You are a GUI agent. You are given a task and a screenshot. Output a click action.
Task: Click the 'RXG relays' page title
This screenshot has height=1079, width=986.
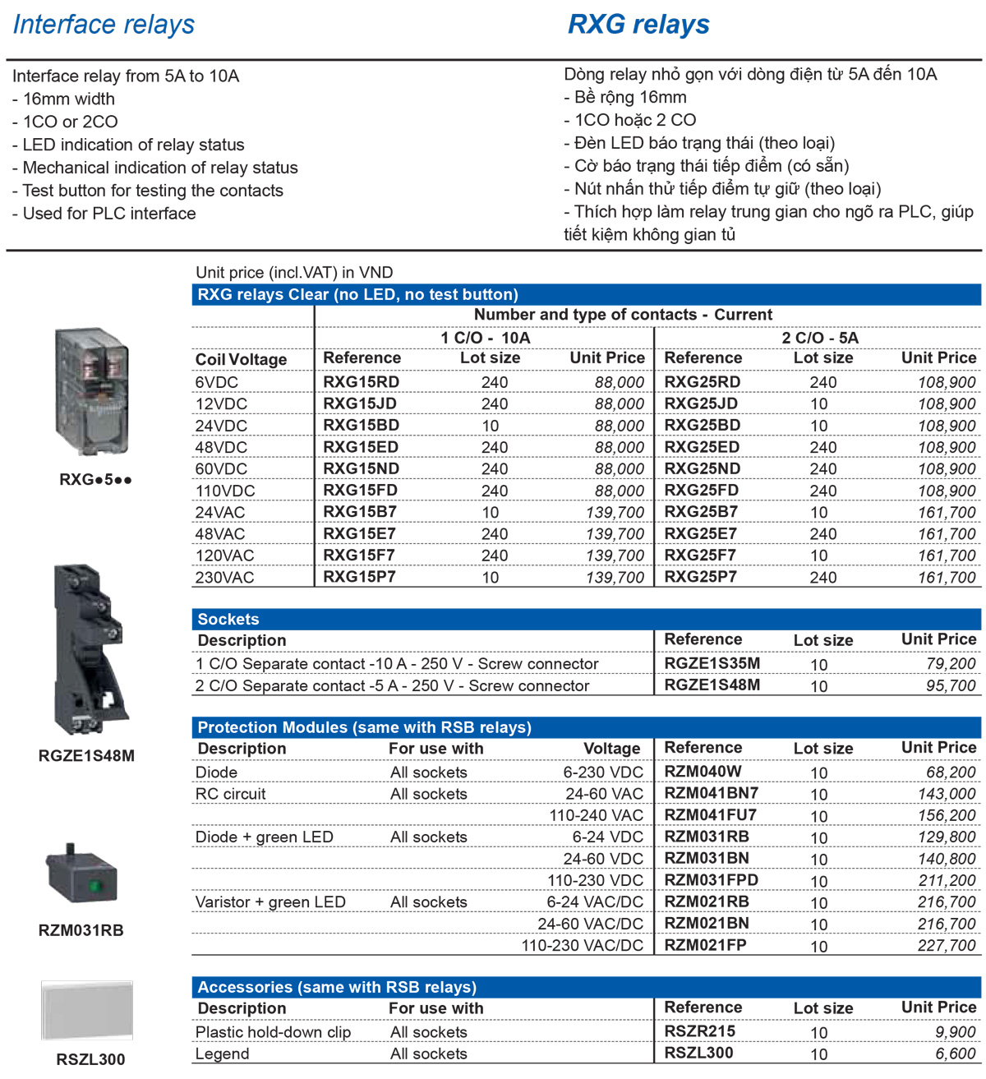(638, 25)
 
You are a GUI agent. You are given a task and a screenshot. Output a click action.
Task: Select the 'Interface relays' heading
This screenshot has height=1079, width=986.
(104, 25)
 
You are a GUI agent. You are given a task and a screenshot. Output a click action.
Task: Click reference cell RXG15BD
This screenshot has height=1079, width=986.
(360, 425)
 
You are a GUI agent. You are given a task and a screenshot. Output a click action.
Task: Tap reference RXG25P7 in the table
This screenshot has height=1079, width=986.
(700, 576)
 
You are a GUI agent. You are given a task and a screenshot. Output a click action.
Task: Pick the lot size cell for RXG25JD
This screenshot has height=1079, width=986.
(819, 404)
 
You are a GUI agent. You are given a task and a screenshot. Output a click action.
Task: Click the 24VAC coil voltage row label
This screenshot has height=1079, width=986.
(220, 512)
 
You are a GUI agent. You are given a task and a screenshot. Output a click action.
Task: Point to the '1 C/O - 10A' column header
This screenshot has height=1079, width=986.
(485, 337)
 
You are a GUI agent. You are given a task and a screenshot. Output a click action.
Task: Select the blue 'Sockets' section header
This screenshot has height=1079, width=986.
(228, 619)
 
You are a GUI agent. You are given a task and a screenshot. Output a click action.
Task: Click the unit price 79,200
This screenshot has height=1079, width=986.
(951, 663)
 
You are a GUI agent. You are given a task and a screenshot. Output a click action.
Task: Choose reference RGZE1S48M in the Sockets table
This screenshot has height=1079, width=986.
(712, 685)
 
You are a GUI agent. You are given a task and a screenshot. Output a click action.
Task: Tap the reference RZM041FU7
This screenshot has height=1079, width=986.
(710, 814)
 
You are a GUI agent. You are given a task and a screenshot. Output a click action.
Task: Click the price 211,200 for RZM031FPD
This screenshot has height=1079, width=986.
(947, 880)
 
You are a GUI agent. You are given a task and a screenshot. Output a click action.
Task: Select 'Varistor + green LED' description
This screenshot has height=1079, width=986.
(270, 901)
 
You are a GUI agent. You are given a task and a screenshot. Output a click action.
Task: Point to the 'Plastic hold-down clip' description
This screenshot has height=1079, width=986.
(273, 1031)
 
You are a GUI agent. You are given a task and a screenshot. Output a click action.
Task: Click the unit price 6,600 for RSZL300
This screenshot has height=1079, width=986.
(956, 1053)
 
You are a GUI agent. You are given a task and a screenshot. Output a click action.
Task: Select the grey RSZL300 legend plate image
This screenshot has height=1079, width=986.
(87, 1011)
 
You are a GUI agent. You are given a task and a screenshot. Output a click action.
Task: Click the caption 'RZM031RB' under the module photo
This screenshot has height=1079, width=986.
(81, 930)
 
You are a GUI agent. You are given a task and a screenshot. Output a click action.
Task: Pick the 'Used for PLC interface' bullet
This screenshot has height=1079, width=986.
(104, 213)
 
